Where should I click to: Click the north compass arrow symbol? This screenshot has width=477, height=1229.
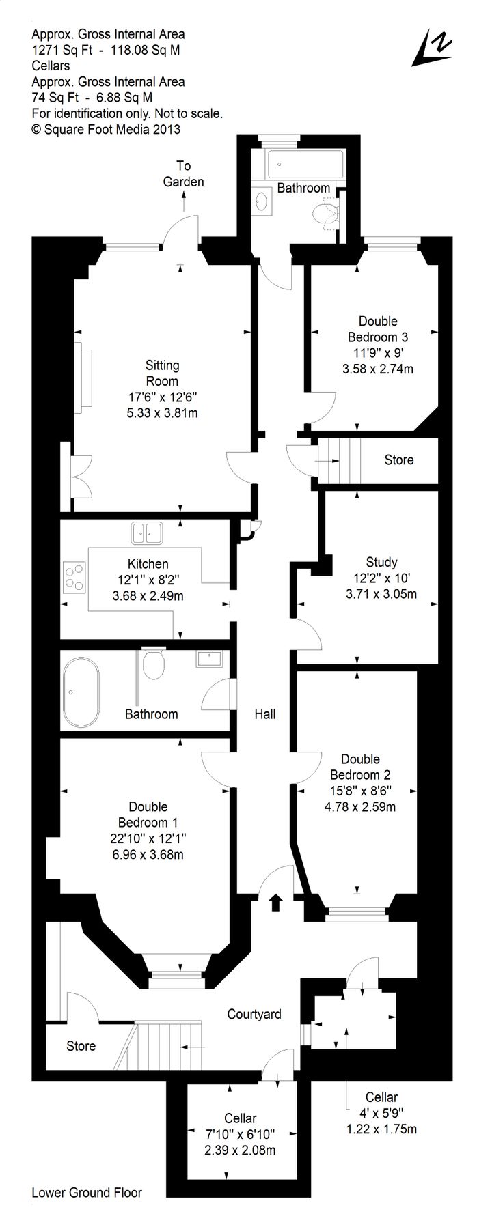[432, 48]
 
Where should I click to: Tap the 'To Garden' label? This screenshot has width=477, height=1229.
[183, 173]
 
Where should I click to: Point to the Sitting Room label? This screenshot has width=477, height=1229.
[162, 373]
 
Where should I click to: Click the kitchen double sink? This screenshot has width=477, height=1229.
[147, 533]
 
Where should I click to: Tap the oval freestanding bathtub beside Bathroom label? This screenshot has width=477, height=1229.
[81, 691]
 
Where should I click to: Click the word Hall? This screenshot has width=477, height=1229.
[265, 714]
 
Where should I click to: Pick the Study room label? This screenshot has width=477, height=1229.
[381, 562]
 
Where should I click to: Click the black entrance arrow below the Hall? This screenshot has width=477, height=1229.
[275, 903]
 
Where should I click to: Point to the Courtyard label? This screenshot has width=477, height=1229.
[254, 1014]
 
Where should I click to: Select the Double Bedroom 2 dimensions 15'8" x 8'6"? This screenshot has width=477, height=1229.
[360, 791]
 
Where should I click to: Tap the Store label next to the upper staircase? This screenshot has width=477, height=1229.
[399, 460]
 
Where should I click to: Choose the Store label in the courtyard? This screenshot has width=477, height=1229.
[81, 1046]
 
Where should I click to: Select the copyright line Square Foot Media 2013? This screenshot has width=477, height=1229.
[106, 128]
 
